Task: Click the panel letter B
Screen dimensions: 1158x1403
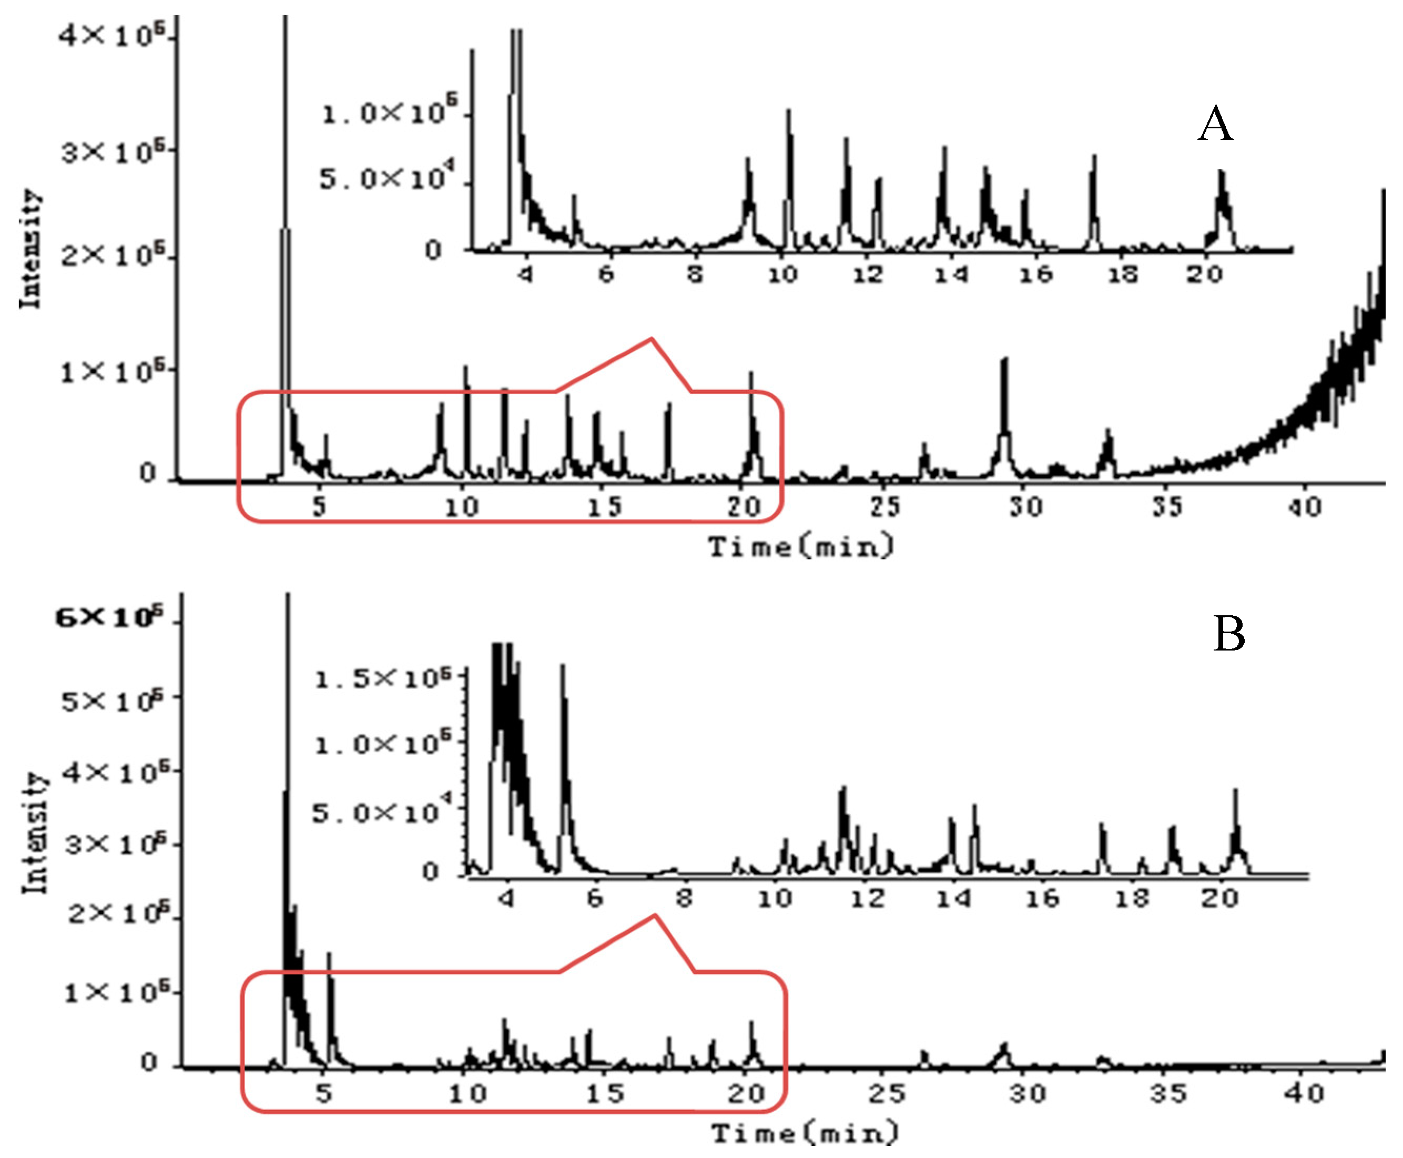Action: (1228, 634)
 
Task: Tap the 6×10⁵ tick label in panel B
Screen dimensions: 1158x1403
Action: (109, 618)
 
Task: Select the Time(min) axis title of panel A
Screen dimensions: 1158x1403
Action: (800, 547)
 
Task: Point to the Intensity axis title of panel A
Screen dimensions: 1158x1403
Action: (30, 248)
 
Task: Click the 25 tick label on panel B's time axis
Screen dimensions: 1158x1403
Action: (887, 1093)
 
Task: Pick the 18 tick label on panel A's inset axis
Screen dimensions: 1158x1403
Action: (1122, 274)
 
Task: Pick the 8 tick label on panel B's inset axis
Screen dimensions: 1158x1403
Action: (684, 898)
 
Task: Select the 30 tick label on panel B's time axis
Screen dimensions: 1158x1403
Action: (1028, 1093)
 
